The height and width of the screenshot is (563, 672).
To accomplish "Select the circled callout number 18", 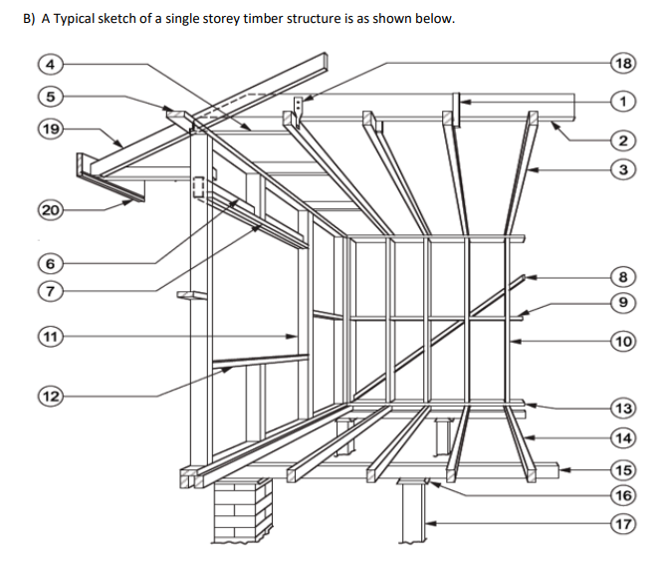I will point(623,65).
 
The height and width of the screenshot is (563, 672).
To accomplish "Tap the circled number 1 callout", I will point(623,101).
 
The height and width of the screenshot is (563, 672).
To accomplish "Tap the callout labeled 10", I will point(623,341).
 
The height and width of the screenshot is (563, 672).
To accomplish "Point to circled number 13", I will point(623,409).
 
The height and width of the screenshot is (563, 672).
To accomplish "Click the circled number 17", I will point(623,523).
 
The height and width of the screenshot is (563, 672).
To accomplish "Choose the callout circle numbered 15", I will point(623,469).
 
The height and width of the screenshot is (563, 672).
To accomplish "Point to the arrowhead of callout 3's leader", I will point(531,170).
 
